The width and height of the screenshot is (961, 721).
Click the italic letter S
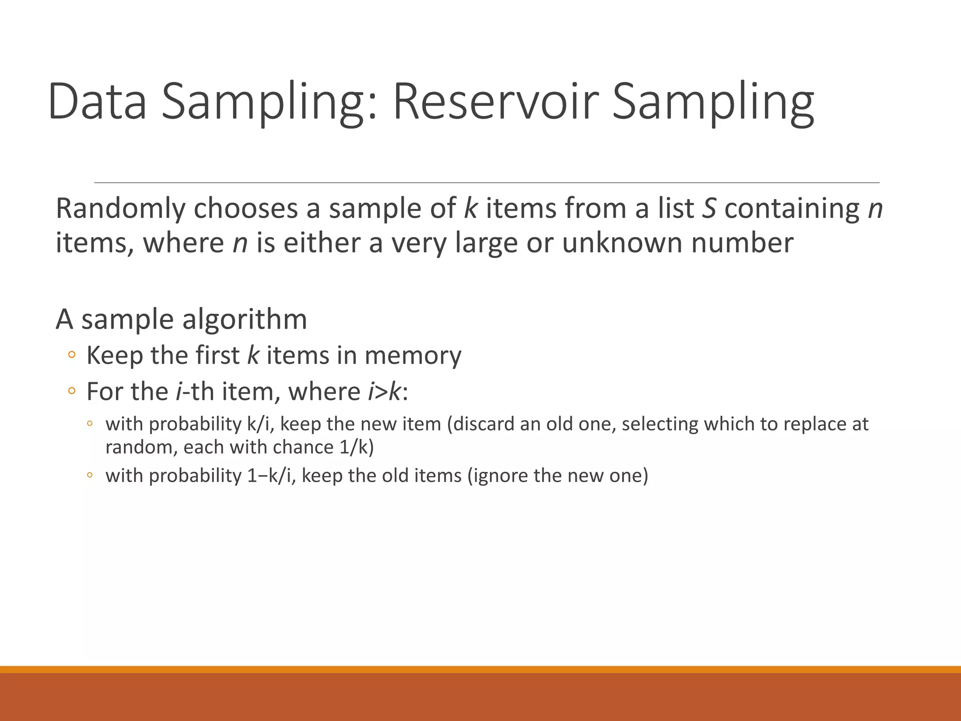pos(709,208)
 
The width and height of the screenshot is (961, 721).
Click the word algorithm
pos(244,320)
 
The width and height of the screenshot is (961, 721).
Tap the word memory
pos(413,356)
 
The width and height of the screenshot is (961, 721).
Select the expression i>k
pos(384,391)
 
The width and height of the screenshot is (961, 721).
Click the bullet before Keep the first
pos(71,355)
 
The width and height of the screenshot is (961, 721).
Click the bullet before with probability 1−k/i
pos(90,476)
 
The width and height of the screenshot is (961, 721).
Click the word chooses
pos(246,208)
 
